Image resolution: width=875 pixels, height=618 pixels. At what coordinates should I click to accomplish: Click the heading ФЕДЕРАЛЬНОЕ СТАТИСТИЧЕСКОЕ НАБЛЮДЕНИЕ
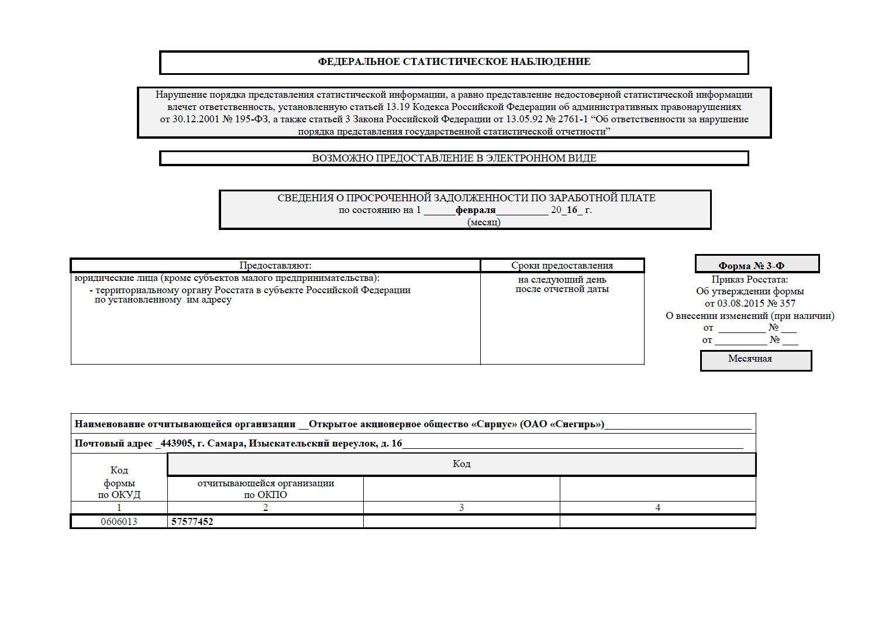454,62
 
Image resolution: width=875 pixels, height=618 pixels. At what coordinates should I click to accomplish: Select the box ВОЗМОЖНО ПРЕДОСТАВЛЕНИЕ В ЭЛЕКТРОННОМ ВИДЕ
454,159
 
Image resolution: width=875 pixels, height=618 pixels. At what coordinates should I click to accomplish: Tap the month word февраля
476,210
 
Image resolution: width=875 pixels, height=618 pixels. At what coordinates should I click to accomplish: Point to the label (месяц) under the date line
484,222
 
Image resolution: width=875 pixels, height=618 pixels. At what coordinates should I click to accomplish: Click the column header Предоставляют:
275,266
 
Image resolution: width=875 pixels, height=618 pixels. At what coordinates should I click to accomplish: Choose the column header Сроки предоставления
562,266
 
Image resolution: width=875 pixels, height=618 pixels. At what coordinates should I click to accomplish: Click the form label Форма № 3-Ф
751,266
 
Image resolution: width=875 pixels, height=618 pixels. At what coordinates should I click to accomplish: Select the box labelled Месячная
750,359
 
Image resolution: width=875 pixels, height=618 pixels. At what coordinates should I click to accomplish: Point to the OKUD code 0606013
119,521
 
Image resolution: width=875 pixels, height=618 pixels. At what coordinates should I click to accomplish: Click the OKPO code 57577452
192,521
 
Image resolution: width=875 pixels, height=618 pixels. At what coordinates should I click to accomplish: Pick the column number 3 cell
461,507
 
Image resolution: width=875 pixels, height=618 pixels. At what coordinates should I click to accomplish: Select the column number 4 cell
657,507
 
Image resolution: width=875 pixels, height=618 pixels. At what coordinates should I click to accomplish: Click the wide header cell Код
461,464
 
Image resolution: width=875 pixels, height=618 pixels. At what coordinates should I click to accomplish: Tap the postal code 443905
176,444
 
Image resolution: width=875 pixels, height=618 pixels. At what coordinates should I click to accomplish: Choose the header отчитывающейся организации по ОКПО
266,489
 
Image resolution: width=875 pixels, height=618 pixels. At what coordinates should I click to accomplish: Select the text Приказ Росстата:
750,280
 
